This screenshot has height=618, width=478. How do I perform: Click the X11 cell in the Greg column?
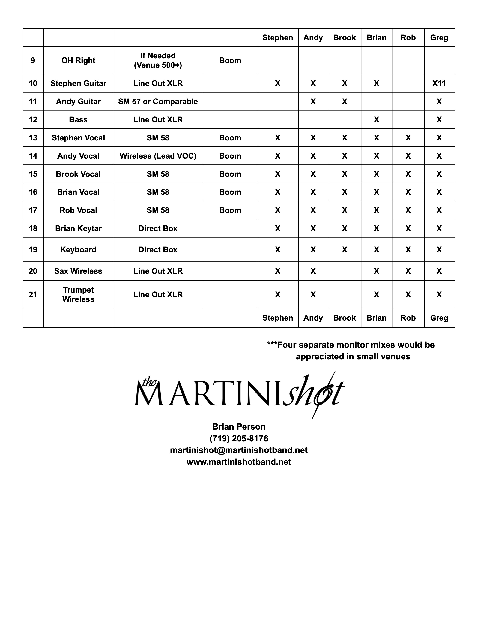pos(439,83)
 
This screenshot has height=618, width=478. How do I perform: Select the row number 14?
pos(33,156)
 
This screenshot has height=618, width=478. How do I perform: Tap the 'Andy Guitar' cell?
pos(78,102)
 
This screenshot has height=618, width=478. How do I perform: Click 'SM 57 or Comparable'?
pos(158,102)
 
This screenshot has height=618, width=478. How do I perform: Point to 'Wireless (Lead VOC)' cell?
pos(158,156)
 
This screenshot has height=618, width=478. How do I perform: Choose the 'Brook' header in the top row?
pos(344,38)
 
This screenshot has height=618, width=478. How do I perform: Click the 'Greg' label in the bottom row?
pos(439,318)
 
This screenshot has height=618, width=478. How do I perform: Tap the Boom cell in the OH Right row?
pos(230,60)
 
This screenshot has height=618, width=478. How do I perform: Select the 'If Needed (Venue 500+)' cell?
pos(158,60)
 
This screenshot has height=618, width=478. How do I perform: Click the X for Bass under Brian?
pos(376,120)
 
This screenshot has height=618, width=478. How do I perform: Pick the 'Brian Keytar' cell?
pos(78,228)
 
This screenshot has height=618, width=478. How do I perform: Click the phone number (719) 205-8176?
pos(239,438)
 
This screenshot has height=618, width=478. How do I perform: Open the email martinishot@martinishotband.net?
pos(239,450)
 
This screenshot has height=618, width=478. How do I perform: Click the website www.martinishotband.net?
pos(239,462)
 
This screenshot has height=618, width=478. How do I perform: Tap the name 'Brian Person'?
pos(239,426)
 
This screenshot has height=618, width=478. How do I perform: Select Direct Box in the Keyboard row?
pos(158,250)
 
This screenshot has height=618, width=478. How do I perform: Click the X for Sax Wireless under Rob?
pos(408,271)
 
